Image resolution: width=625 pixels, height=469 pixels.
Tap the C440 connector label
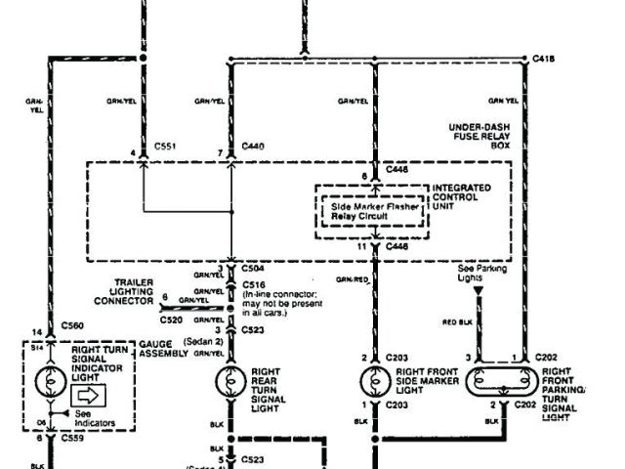pos(254,146)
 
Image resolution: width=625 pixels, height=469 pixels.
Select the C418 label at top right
pos(545,59)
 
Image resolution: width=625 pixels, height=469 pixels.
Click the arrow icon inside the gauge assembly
pos(89,395)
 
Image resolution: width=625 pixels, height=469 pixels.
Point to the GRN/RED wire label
pos(353,278)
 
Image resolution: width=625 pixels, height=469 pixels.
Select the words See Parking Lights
pos(477,270)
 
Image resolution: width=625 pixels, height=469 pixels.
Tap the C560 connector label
pos(73,324)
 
